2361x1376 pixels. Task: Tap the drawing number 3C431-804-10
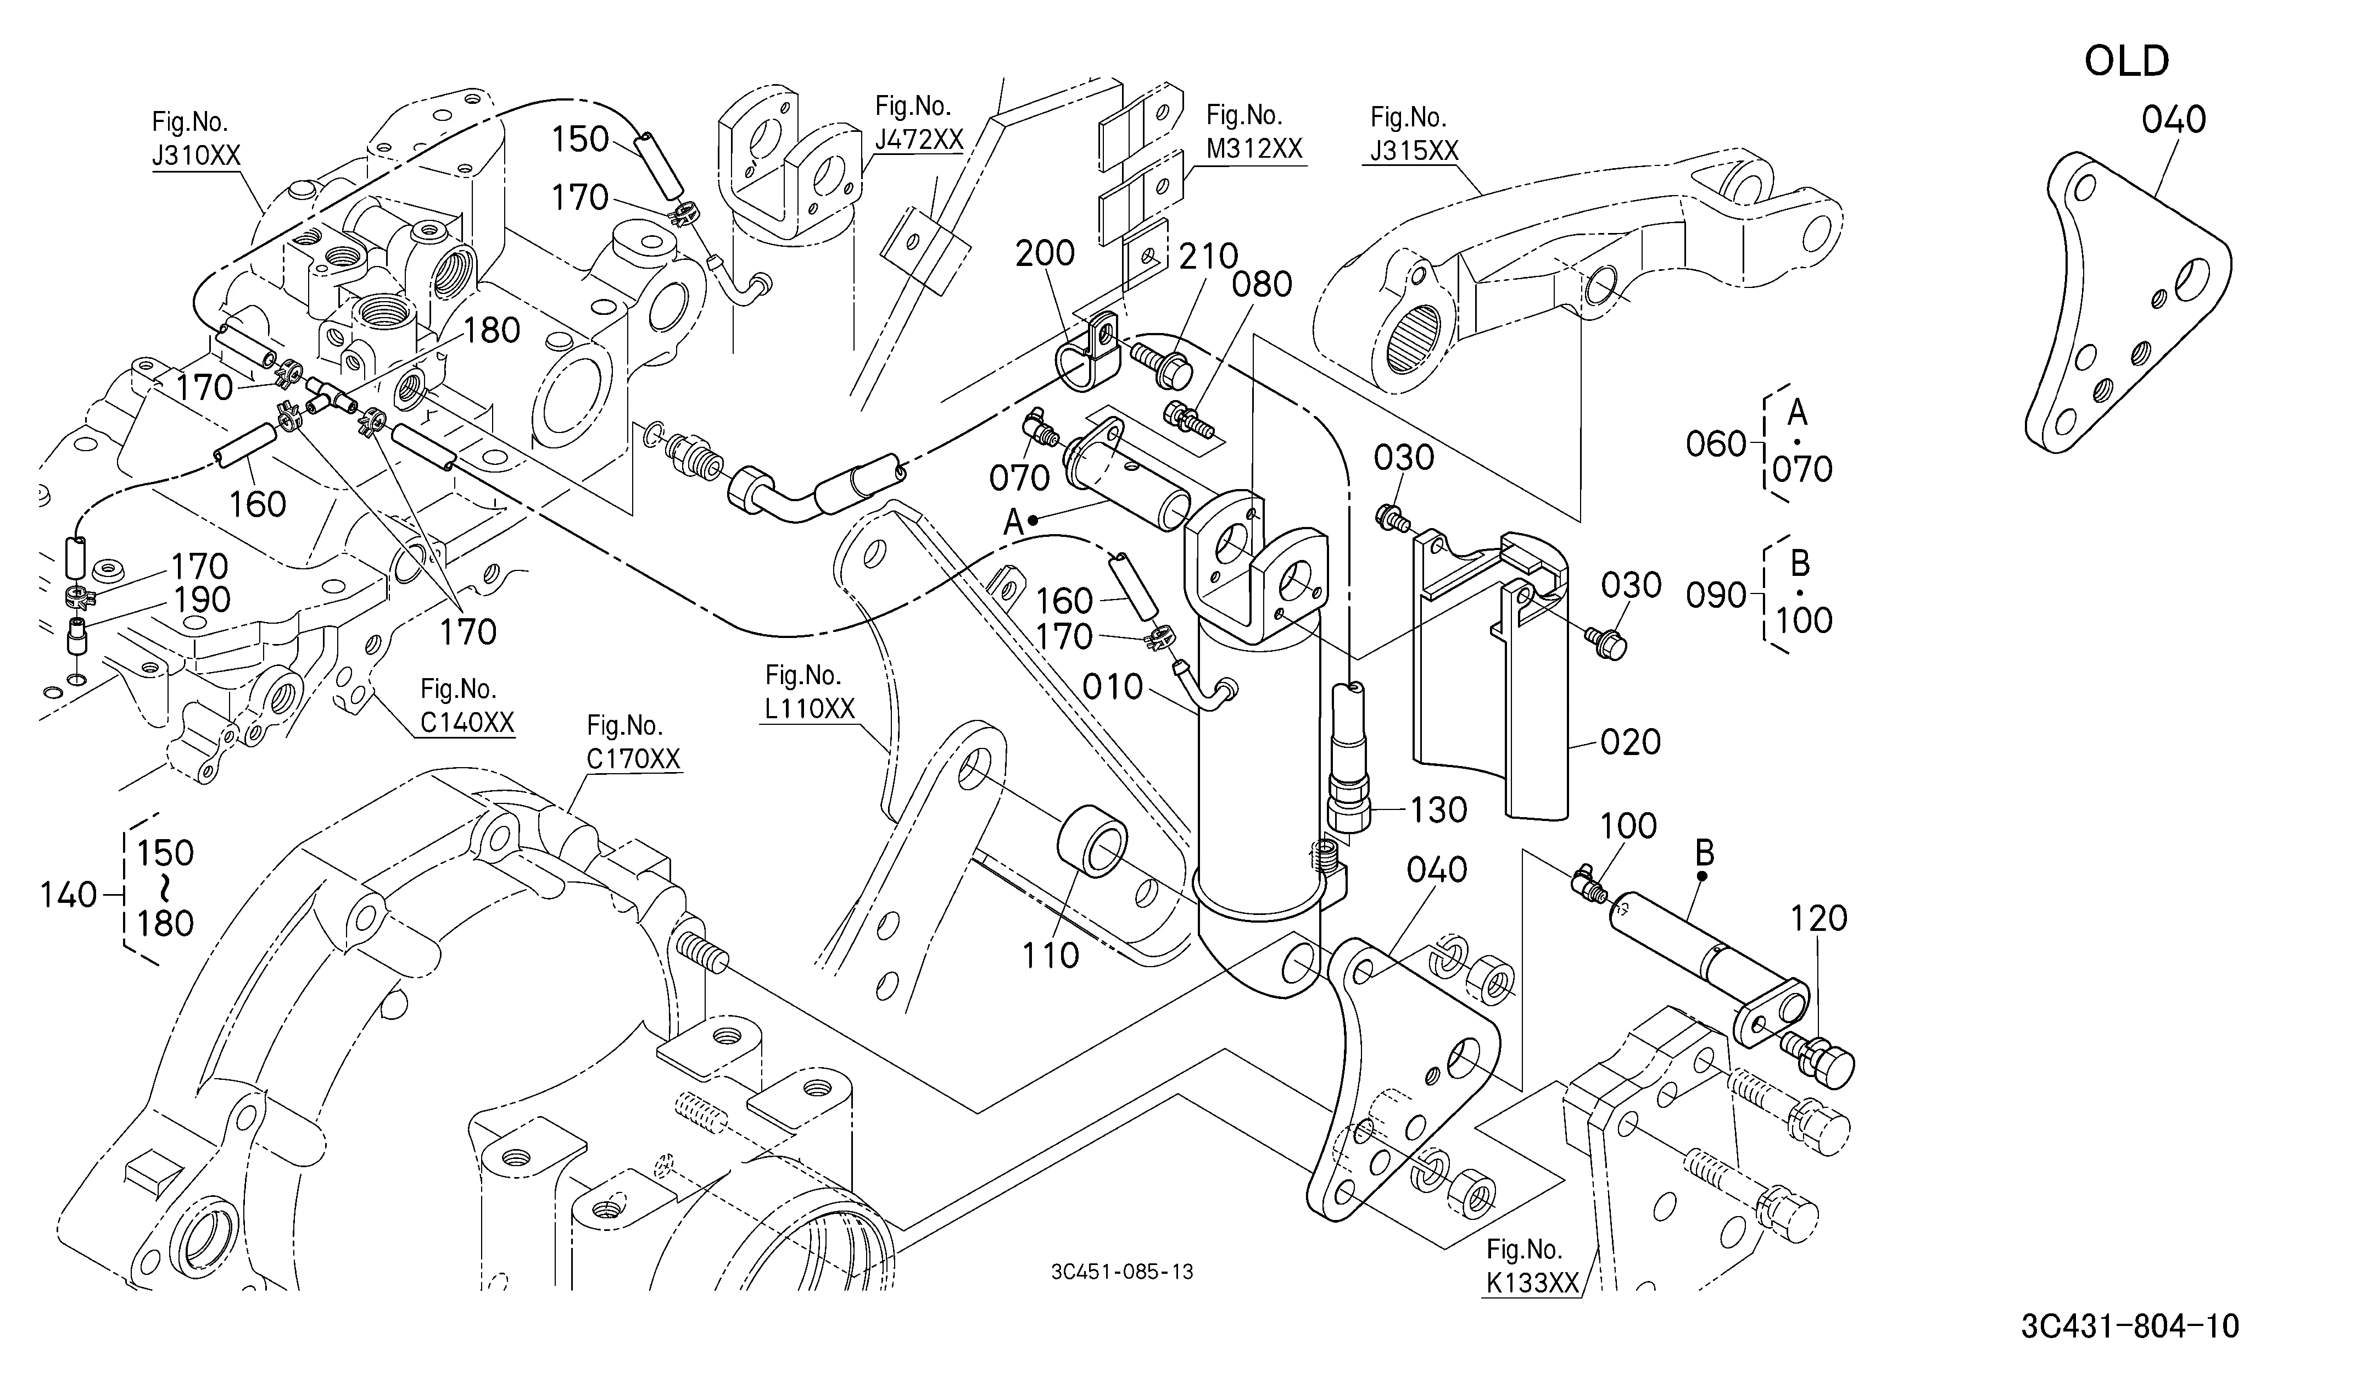2130,1327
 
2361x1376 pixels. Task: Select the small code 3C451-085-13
1123,1272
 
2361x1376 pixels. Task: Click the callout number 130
1438,810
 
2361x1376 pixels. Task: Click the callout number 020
1630,742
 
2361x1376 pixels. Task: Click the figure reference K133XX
1532,1282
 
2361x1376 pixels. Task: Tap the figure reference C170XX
633,758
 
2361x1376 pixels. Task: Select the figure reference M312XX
1254,148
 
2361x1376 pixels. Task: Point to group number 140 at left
69,895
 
